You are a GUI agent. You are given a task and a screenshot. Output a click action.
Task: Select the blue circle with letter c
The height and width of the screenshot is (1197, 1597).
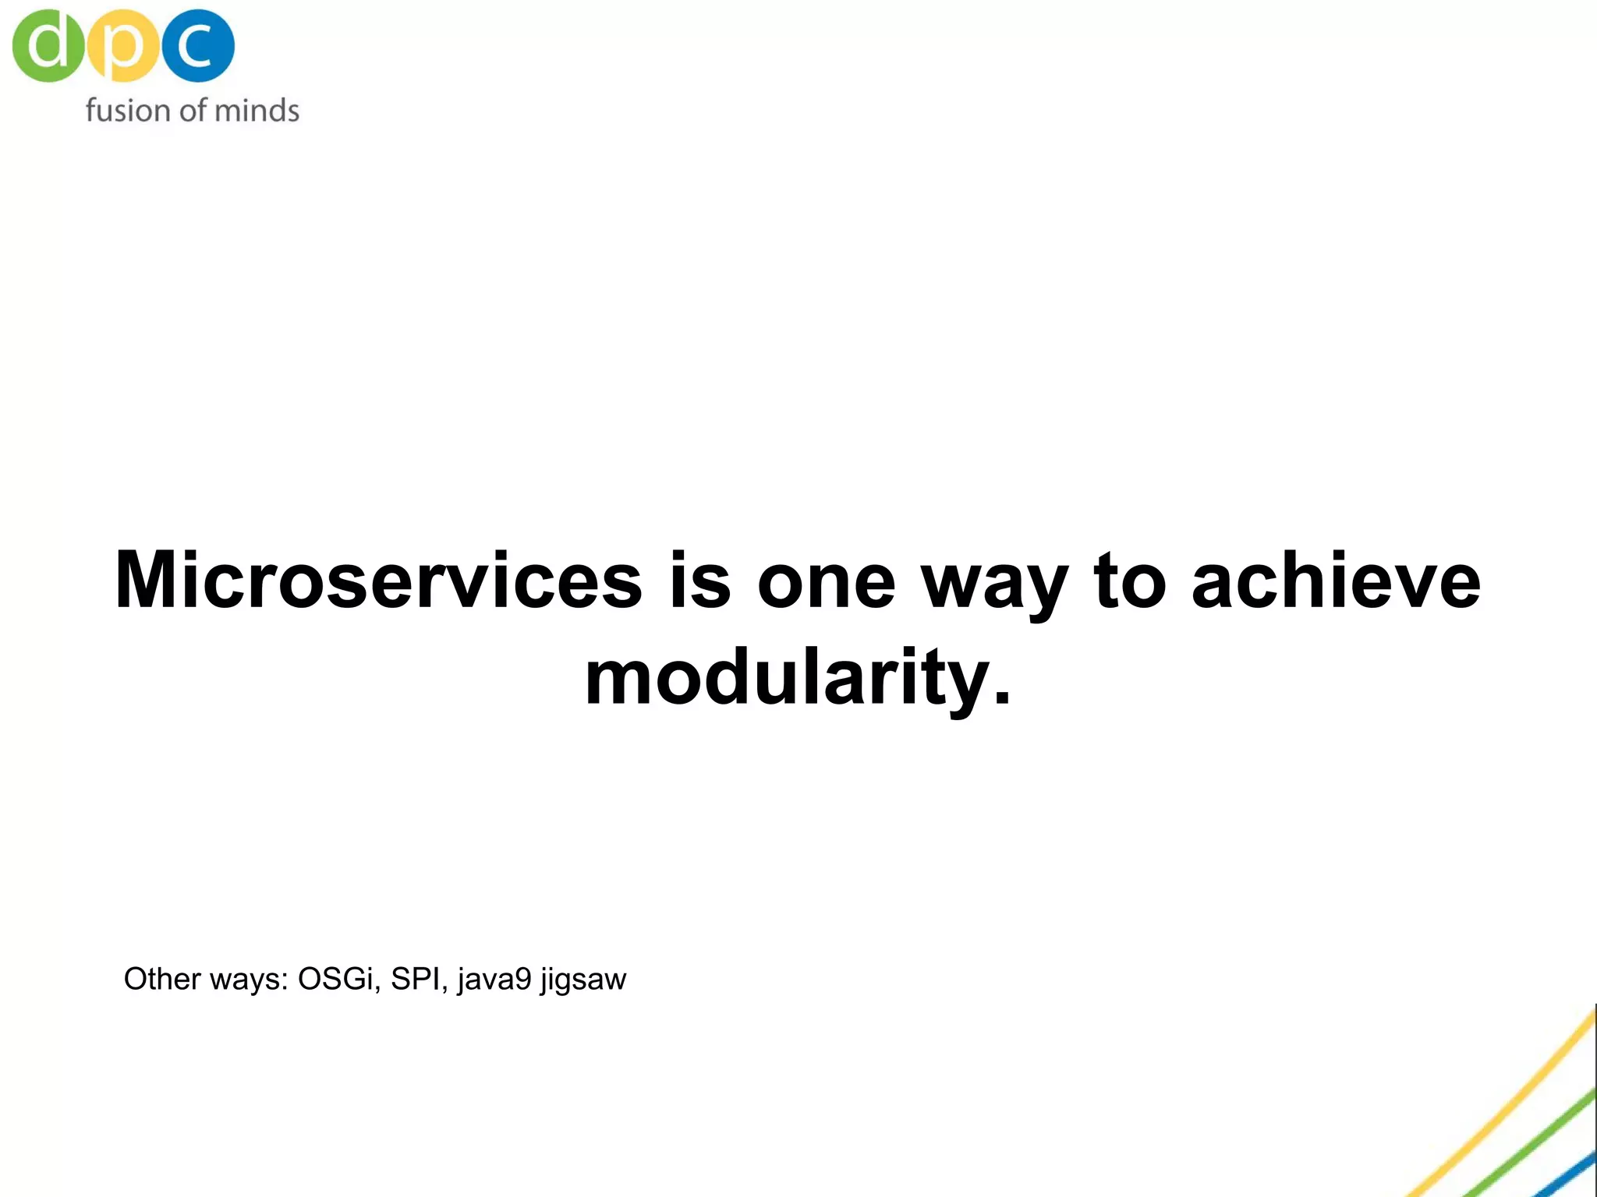coord(198,45)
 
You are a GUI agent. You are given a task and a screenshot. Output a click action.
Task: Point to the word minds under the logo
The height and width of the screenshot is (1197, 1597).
coord(257,111)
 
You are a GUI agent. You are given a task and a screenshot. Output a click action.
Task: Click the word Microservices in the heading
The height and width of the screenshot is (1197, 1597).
coord(378,581)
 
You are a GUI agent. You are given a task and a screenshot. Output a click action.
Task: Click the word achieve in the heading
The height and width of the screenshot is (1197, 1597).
coord(1336,581)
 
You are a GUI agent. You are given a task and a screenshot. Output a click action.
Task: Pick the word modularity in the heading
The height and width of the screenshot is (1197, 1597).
coord(784,678)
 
